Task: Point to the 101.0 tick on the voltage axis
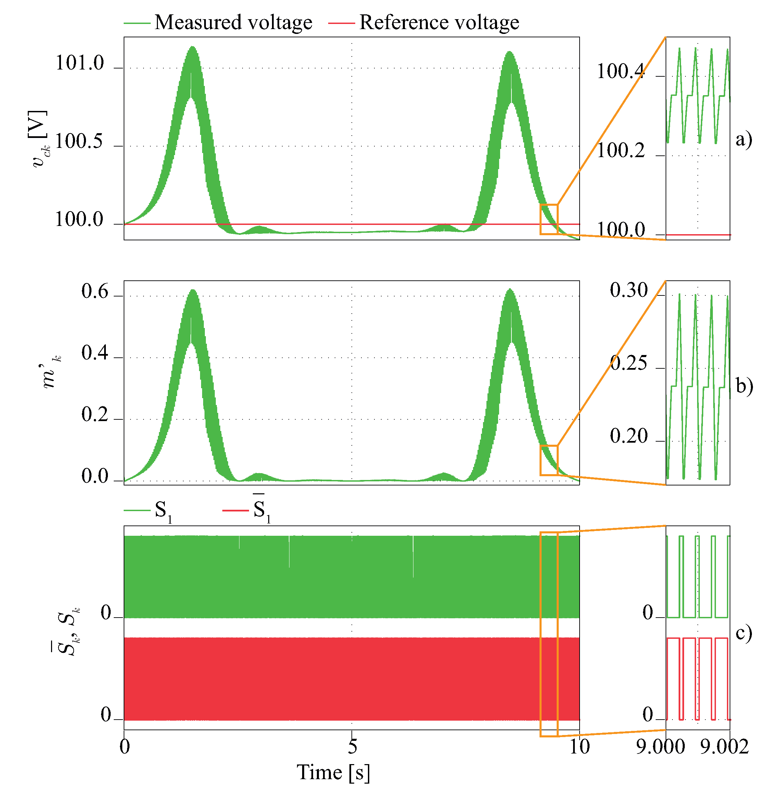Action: point(80,63)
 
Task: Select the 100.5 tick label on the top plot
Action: point(79,142)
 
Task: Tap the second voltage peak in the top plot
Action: point(510,52)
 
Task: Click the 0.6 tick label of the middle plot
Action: point(95,292)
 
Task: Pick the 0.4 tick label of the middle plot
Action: point(95,353)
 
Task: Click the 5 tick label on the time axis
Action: point(352,746)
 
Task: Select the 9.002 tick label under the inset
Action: point(724,746)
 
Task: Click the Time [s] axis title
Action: point(333,773)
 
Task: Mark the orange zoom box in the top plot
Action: point(549,219)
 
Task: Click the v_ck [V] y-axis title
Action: point(38,139)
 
